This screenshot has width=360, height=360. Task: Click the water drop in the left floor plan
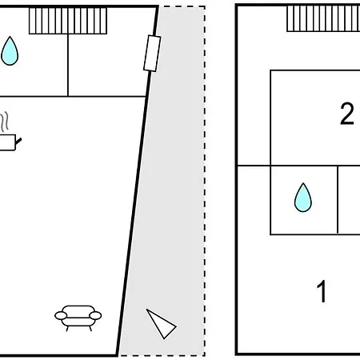[10, 51]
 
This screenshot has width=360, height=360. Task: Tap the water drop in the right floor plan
[303, 198]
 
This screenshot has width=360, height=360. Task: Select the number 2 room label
[347, 114]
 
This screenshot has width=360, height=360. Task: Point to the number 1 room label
[322, 291]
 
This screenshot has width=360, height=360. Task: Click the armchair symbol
[78, 318]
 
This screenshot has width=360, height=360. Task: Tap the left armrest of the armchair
[61, 316]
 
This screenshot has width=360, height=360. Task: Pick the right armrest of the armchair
[95, 316]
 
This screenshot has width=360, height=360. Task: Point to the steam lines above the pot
[4, 122]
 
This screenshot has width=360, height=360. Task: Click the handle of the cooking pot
[18, 141]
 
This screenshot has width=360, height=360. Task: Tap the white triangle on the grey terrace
[161, 324]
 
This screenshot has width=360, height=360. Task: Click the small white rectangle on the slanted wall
[152, 54]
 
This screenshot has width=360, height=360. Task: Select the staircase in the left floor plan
[68, 21]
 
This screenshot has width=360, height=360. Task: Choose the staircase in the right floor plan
[323, 18]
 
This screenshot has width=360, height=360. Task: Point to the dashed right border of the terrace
[205, 181]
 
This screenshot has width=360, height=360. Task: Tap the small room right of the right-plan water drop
[349, 200]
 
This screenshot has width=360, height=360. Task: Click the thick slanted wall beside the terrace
[138, 181]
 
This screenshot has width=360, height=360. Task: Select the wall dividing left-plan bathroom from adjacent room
[68, 65]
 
